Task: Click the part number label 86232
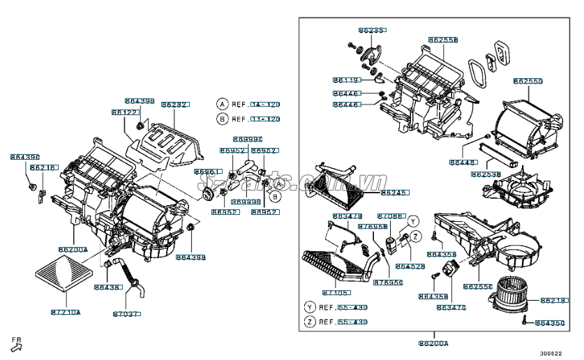[x=174, y=104]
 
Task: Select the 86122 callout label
[x=123, y=112]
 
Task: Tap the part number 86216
[x=43, y=168]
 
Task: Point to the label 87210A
[x=66, y=312]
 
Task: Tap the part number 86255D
[x=527, y=81]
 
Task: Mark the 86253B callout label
[x=485, y=174]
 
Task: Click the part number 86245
[x=394, y=193]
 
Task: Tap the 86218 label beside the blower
[x=555, y=301]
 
